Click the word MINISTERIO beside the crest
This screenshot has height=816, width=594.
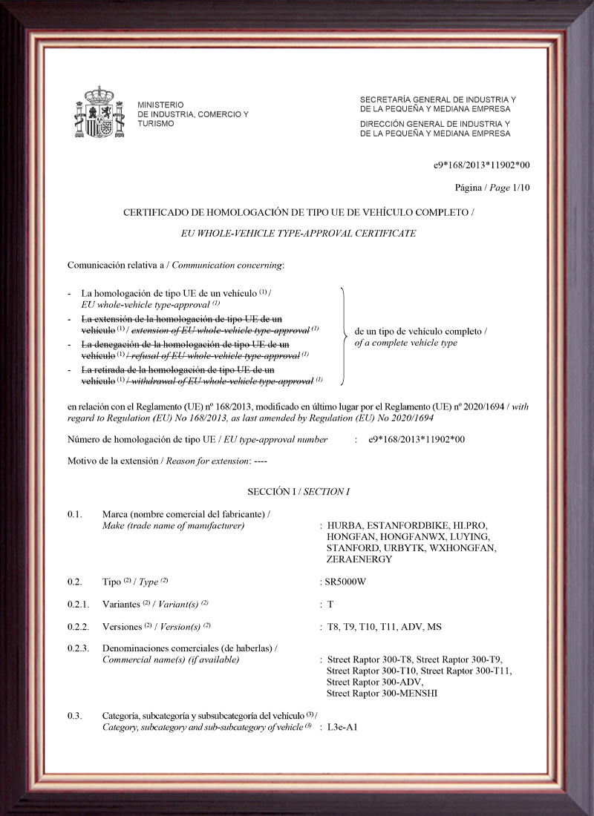click(160, 105)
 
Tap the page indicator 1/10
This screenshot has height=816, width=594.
click(522, 187)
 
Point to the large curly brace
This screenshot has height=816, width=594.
click(344, 336)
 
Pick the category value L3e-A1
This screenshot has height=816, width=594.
click(342, 727)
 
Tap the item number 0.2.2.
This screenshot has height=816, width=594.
click(77, 626)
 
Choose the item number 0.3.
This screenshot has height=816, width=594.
click(74, 715)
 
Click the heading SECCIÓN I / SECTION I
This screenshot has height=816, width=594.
click(298, 492)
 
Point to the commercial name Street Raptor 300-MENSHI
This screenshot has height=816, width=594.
click(382, 693)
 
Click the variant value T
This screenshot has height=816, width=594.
click(330, 604)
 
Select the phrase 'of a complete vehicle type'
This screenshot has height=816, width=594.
click(406, 343)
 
